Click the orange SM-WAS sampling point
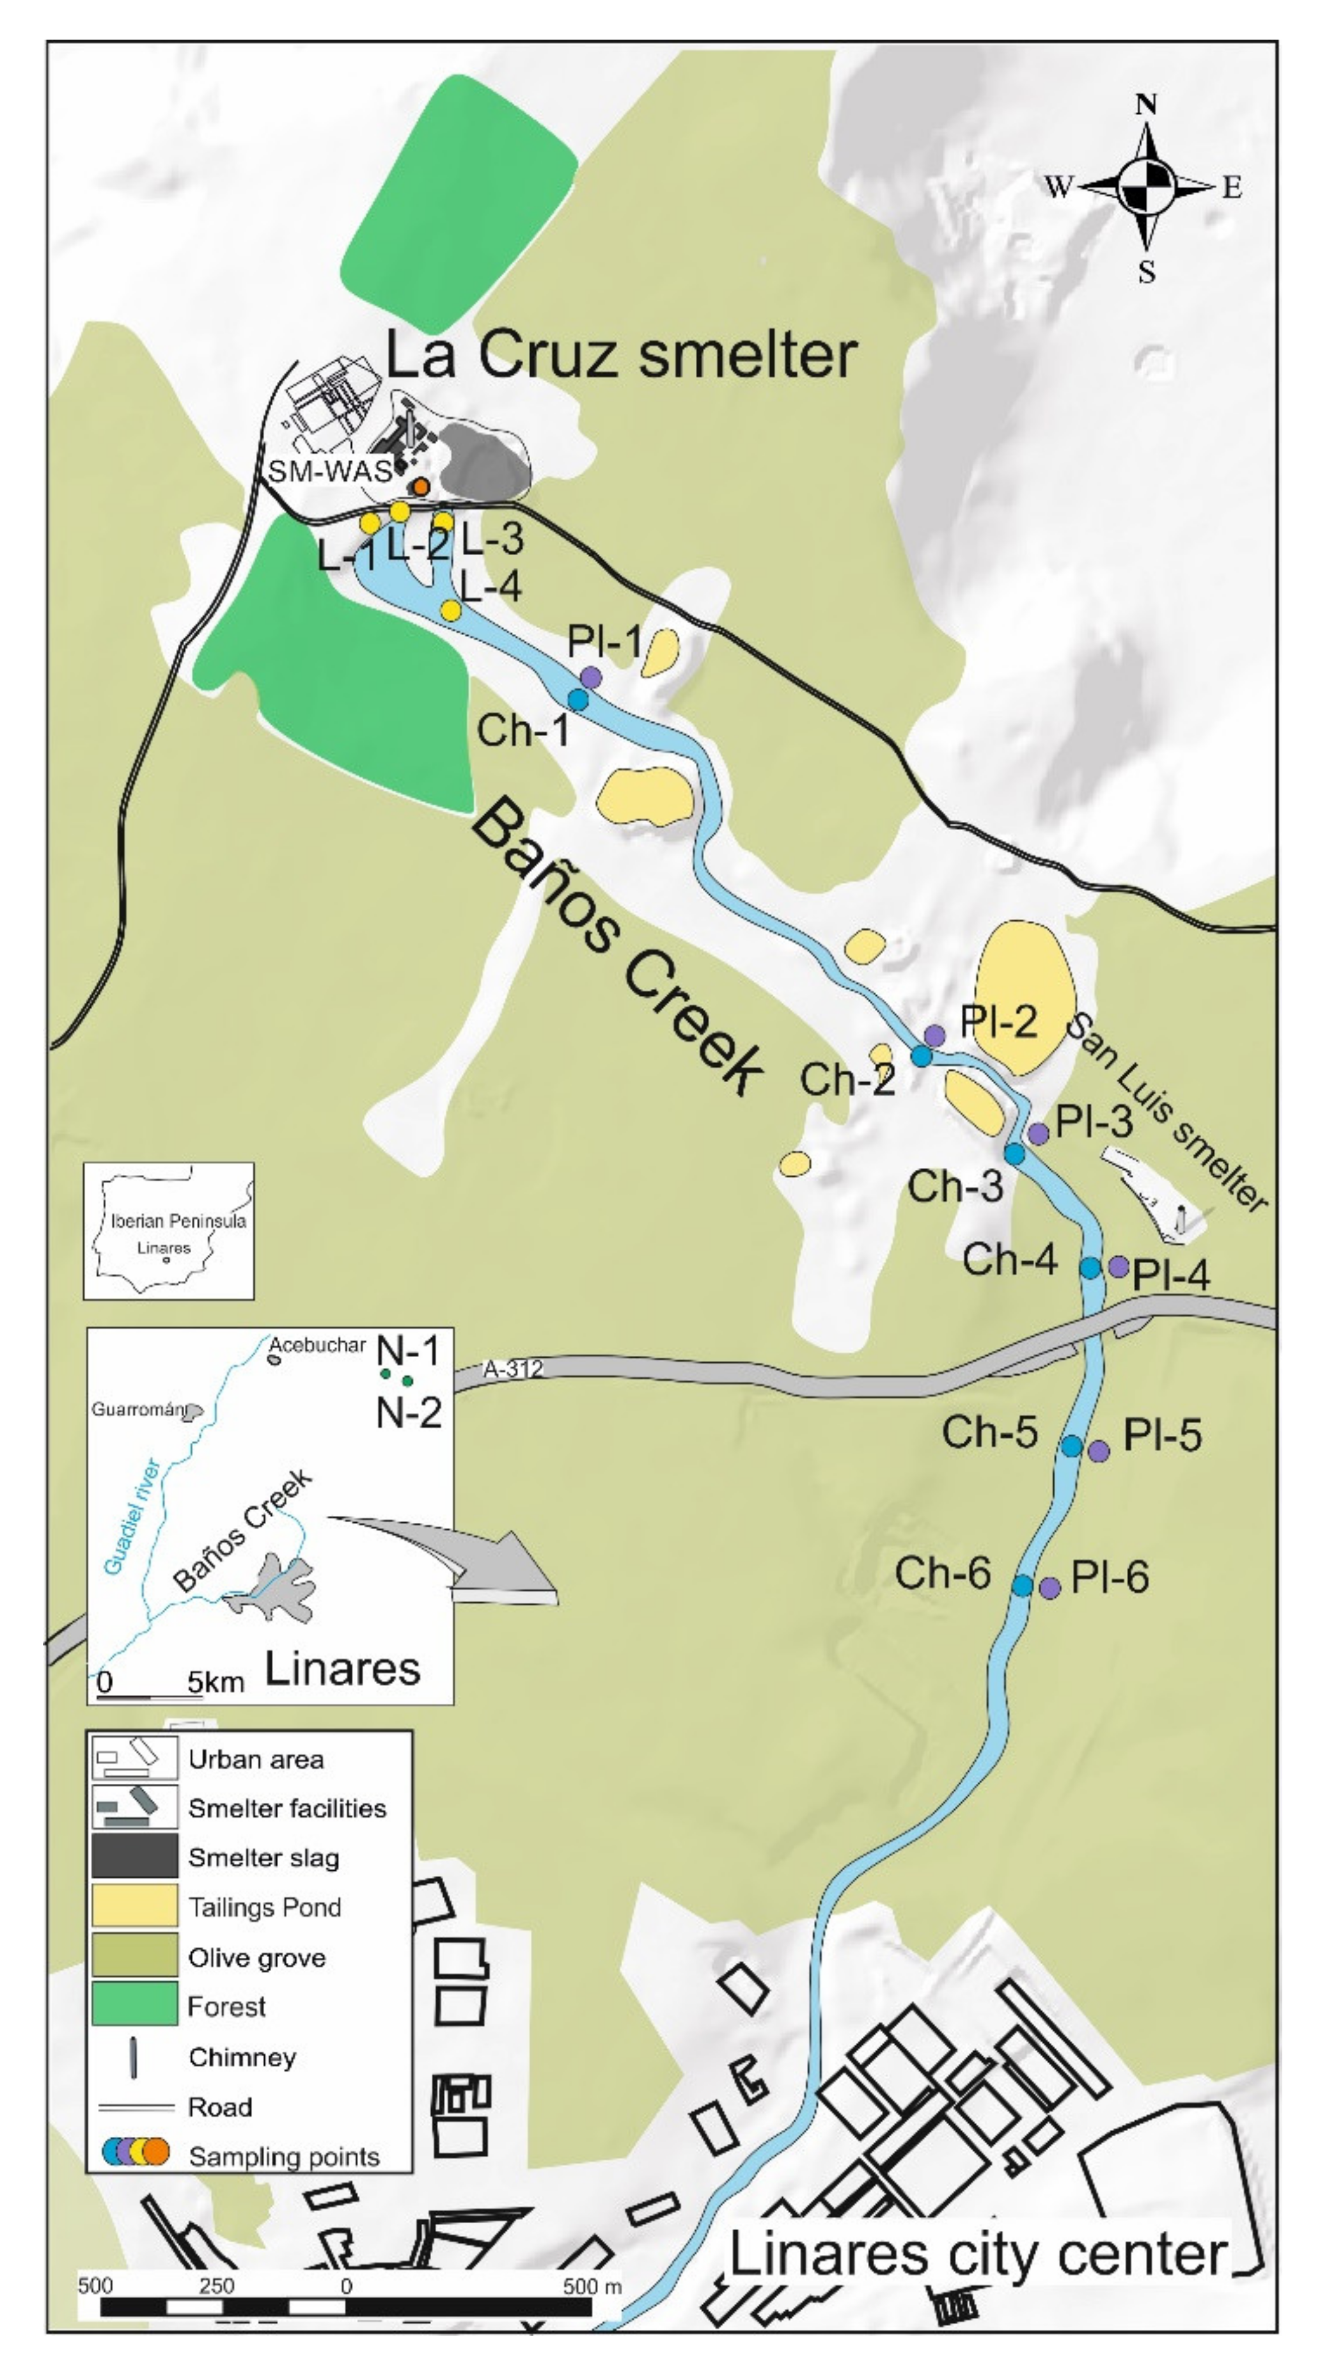point(420,487)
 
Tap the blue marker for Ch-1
point(577,700)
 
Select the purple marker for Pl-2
point(934,1035)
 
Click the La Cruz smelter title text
point(621,354)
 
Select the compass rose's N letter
point(1146,105)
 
